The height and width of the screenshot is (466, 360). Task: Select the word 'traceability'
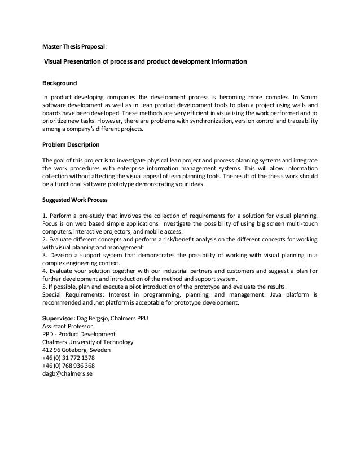[x=298, y=121]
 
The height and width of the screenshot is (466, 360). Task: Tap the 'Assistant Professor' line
[x=68, y=326]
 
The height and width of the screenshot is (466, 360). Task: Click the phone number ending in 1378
[x=68, y=358]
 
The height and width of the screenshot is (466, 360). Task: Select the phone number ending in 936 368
[x=68, y=366]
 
